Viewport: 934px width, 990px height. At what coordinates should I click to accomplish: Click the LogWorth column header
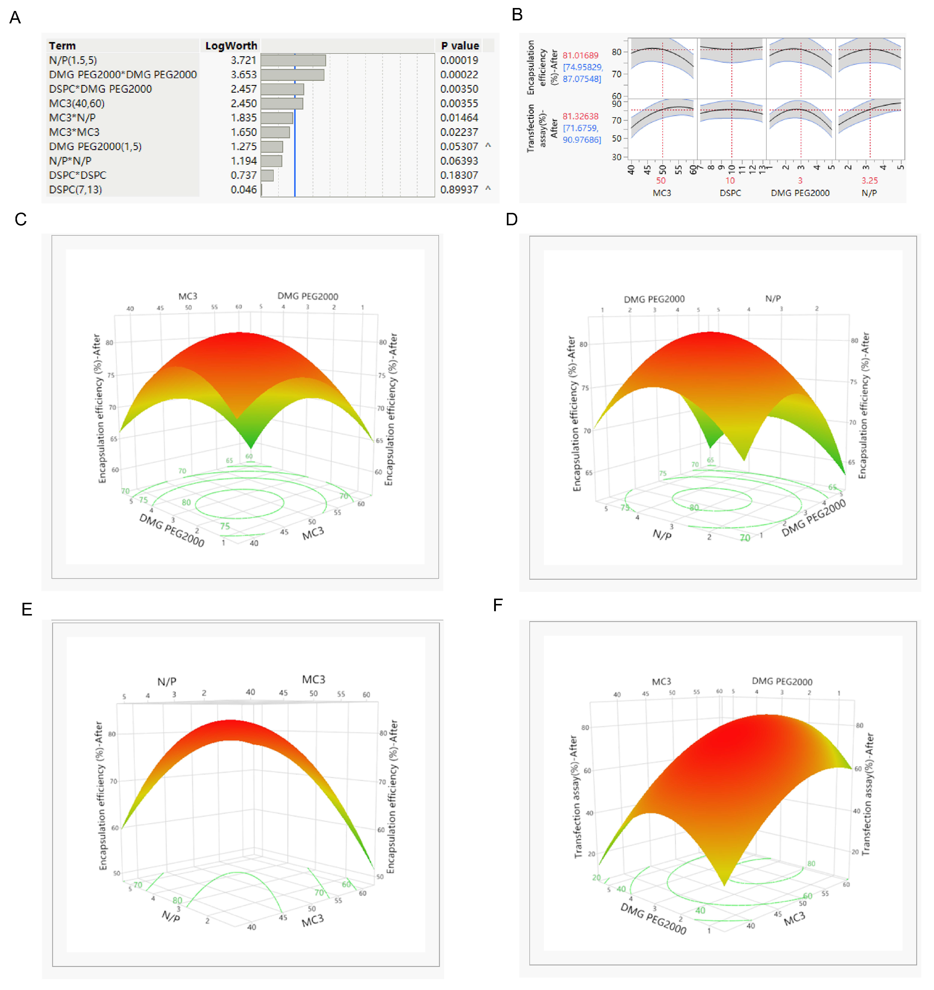point(231,46)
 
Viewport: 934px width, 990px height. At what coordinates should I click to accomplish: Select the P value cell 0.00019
point(459,60)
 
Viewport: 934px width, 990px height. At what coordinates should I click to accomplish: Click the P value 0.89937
point(459,190)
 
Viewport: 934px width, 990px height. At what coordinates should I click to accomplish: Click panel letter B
point(517,15)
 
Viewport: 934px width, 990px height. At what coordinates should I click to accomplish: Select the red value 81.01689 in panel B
point(580,55)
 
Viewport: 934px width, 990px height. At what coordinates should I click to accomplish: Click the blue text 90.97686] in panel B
point(581,140)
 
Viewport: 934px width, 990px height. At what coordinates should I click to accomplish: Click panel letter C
point(20,219)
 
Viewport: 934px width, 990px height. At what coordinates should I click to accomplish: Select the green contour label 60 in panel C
point(249,456)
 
